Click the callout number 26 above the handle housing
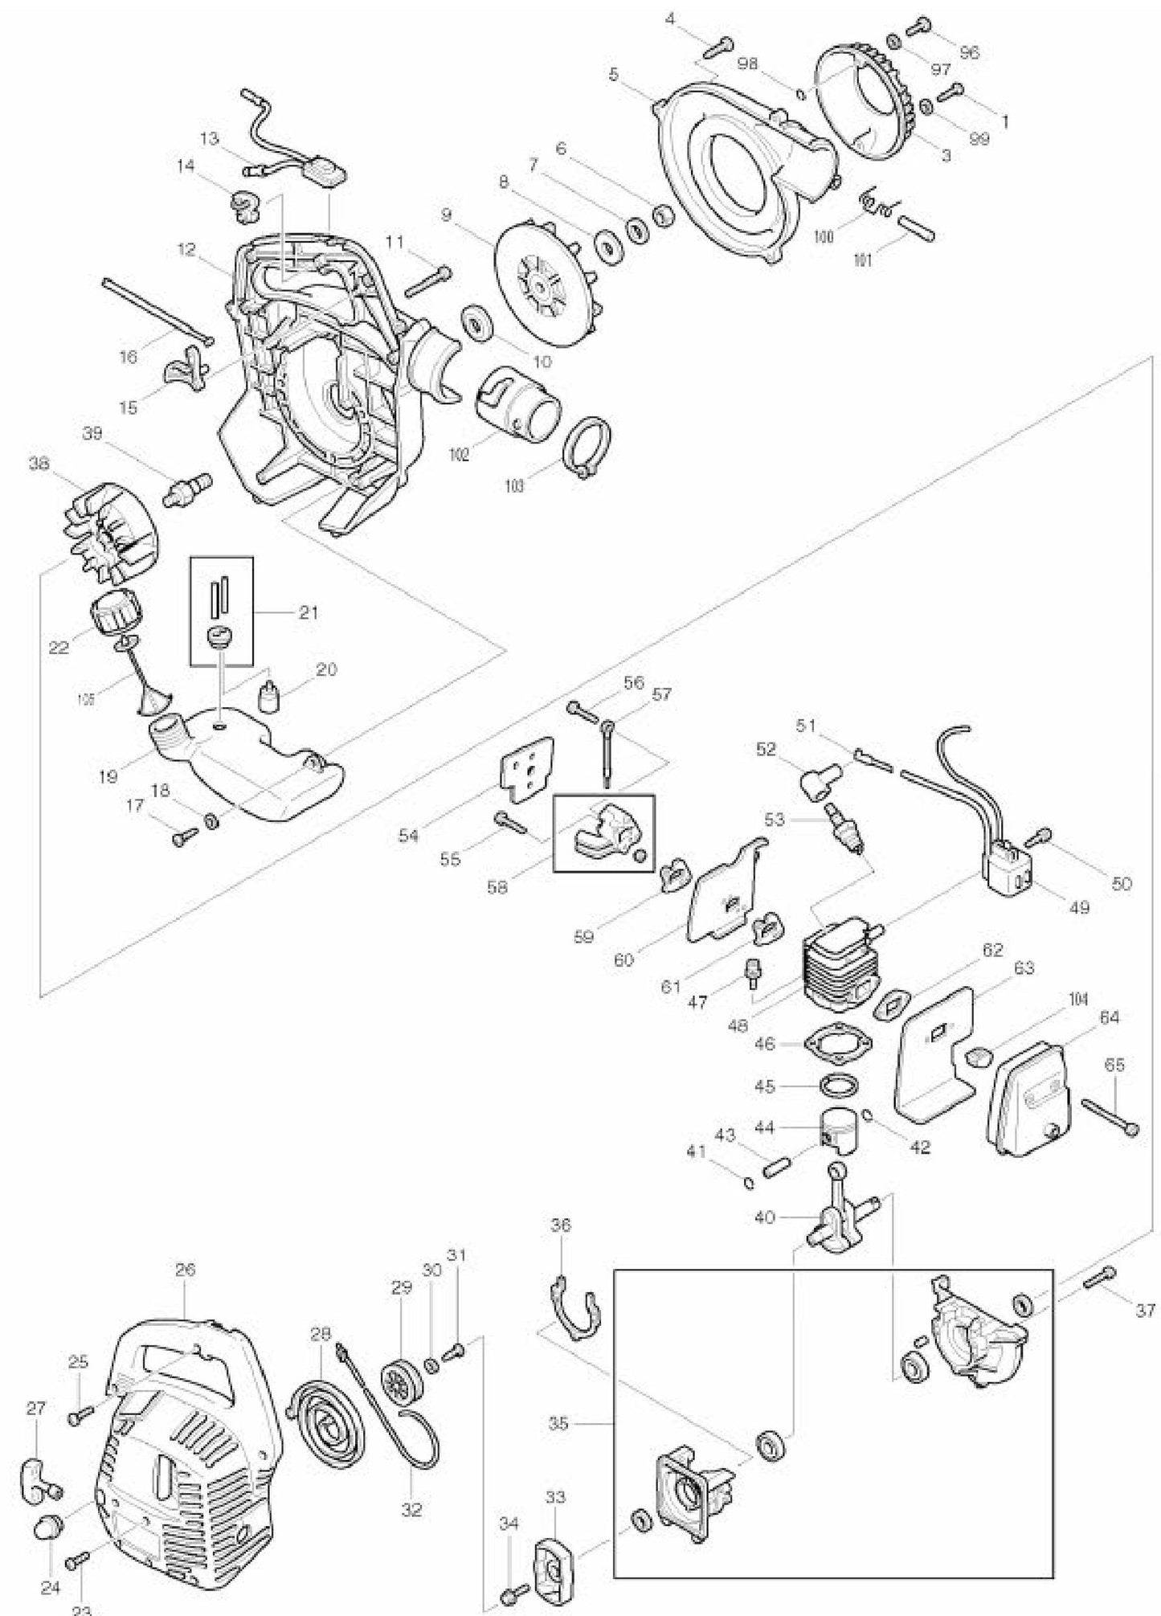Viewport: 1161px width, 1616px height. (186, 1270)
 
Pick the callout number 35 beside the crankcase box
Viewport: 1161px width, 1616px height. (559, 1424)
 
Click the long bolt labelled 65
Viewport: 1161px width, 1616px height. (1110, 1116)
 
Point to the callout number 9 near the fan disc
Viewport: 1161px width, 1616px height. (448, 215)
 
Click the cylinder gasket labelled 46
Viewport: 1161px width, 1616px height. (838, 1044)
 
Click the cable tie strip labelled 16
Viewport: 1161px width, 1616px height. (156, 310)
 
